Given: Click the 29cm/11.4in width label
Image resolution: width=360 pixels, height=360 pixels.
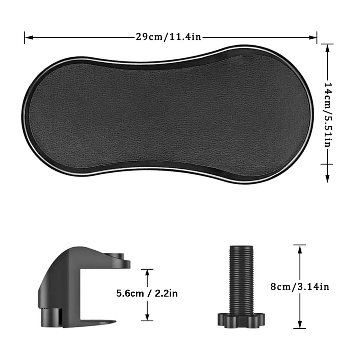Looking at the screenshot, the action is [168, 37].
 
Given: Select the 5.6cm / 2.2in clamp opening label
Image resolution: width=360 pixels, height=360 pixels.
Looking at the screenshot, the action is [147, 294].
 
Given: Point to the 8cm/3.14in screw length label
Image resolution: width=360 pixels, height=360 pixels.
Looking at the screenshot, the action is [300, 287].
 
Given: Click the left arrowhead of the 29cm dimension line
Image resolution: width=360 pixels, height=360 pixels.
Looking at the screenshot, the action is [28, 37].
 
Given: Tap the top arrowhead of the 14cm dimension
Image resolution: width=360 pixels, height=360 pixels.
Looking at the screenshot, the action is [327, 48].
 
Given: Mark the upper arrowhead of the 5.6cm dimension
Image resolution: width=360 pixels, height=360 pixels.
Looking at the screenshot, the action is [147, 273].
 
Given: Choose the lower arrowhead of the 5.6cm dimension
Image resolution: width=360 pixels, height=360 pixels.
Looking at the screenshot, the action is [147, 317].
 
